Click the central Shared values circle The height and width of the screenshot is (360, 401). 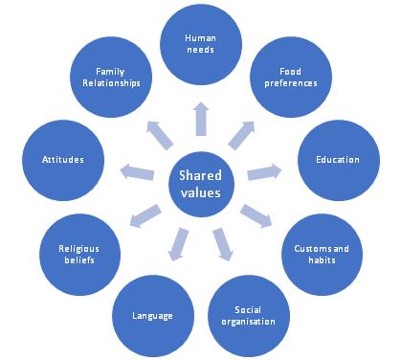(x=201, y=185)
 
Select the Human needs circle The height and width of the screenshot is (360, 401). (x=201, y=44)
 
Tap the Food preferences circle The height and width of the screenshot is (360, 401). (x=291, y=77)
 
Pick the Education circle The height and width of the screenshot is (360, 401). (x=339, y=160)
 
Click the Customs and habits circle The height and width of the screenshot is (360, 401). (x=322, y=255)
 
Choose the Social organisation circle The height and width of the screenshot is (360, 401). (x=249, y=316)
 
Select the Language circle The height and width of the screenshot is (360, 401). (x=153, y=316)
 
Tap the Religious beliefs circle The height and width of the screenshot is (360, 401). (x=79, y=255)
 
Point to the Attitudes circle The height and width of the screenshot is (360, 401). (x=63, y=160)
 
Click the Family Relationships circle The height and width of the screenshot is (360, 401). (x=111, y=77)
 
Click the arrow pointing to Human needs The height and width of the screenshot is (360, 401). (x=201, y=119)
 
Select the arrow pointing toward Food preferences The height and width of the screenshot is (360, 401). (x=241, y=135)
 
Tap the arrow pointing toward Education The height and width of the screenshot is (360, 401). (x=264, y=171)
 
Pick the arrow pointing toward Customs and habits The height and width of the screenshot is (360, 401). (x=256, y=216)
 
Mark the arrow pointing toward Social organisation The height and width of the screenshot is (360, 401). (x=223, y=244)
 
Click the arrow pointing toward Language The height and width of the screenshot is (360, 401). (x=178, y=244)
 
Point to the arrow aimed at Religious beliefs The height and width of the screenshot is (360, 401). (x=145, y=216)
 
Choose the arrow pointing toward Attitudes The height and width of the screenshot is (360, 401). (x=137, y=171)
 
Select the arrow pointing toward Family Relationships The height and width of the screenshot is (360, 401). (x=160, y=135)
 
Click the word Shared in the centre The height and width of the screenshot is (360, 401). (x=200, y=175)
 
